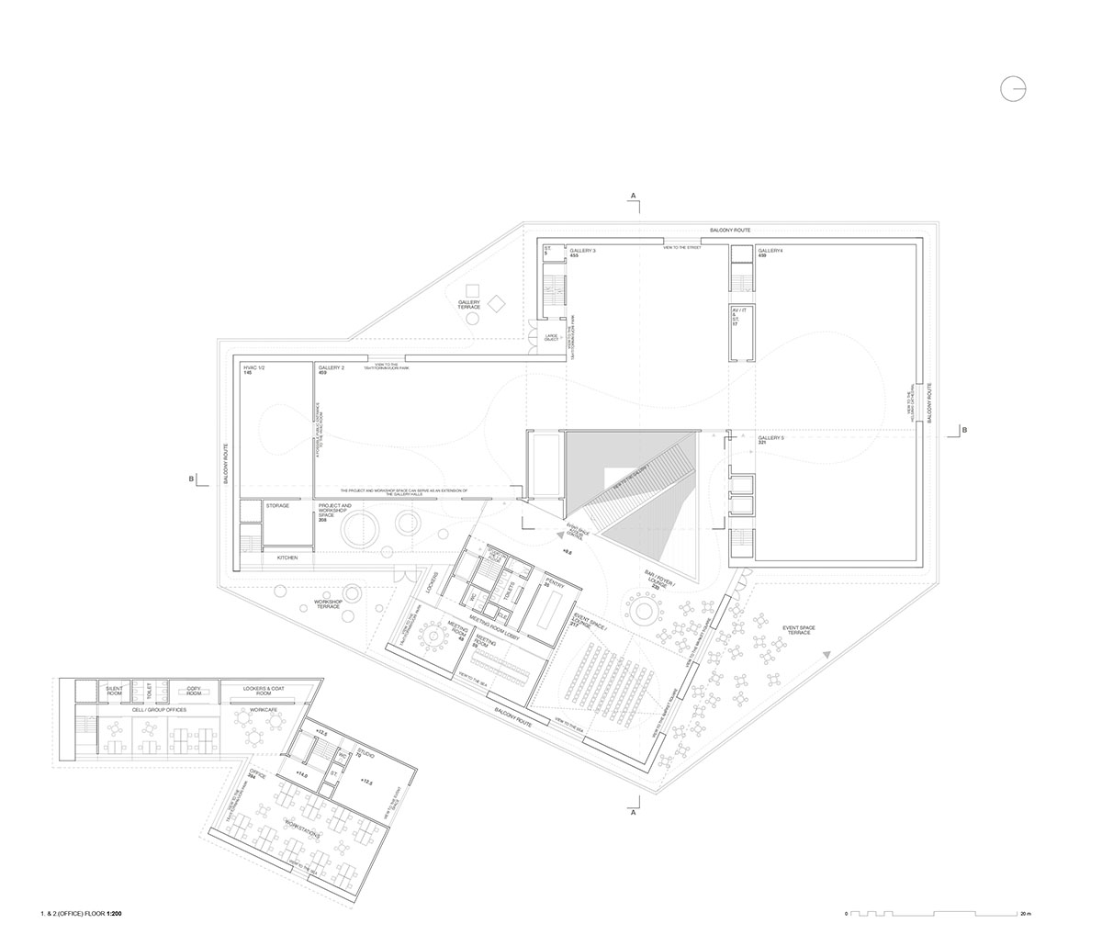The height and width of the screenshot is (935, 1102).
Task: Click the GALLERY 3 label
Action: point(582,251)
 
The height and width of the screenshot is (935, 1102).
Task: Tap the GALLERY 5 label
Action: point(770,439)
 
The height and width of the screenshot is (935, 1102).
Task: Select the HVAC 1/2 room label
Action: point(253,367)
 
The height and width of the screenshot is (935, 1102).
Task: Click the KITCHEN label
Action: point(287,558)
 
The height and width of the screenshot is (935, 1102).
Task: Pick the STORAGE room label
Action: point(277,505)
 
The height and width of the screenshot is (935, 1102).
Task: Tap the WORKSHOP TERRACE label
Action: point(328,605)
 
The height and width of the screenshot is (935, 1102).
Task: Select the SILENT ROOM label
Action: point(114,690)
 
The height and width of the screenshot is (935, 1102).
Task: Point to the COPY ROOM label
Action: point(194,690)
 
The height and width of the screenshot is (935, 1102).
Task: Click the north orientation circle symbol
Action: point(1013,88)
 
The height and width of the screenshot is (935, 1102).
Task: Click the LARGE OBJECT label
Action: point(551,338)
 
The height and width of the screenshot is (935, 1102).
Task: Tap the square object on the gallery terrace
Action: point(497,302)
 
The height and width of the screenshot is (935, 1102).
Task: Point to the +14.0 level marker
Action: point(302,776)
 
